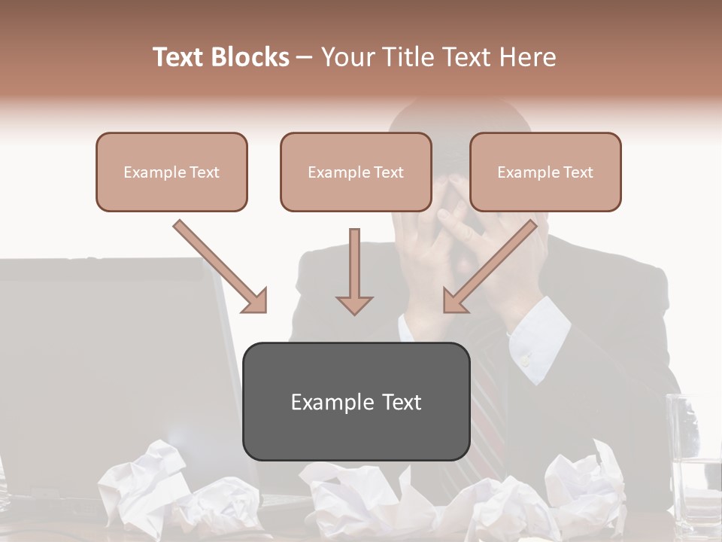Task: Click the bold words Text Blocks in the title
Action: click(x=221, y=57)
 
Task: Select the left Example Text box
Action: click(x=171, y=172)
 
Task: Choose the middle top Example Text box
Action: click(x=356, y=172)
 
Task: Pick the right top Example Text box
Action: click(x=545, y=172)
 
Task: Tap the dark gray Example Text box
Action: click(x=356, y=401)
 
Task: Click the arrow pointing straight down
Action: click(x=354, y=275)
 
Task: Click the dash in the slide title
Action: click(x=305, y=57)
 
